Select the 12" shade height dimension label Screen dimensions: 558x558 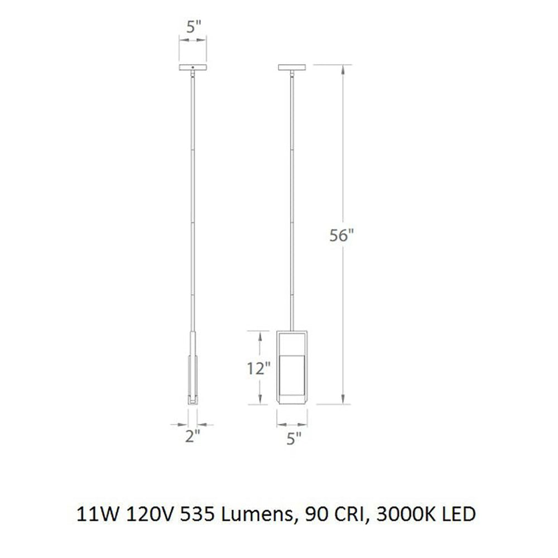coord(259,368)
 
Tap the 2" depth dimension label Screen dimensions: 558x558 coord(193,437)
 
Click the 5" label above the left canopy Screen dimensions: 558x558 coord(193,26)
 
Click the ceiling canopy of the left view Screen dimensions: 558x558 coord(193,68)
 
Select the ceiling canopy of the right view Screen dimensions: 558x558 coord(293,68)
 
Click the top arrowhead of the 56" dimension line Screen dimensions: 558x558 coord(343,68)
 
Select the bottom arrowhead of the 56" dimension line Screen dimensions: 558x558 coord(343,401)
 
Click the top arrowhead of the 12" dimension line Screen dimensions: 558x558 coord(259,334)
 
